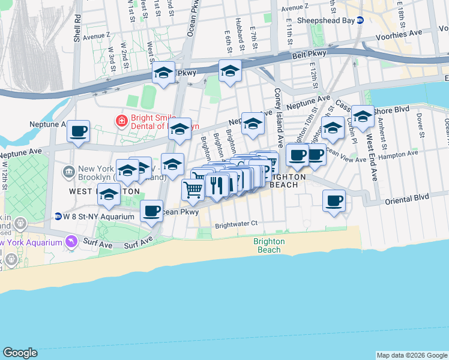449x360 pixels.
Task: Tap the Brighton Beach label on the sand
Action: point(268,245)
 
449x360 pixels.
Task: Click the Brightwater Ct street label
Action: point(236,223)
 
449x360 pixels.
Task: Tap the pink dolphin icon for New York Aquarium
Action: point(71,242)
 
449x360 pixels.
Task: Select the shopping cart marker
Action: point(193,190)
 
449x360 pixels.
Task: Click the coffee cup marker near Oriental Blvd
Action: point(334,200)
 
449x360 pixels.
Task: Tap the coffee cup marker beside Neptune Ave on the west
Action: point(78,131)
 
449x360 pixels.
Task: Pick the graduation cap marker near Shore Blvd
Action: point(363,117)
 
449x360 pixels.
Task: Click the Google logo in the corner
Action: point(20,353)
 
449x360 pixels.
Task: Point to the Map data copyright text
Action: point(412,355)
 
